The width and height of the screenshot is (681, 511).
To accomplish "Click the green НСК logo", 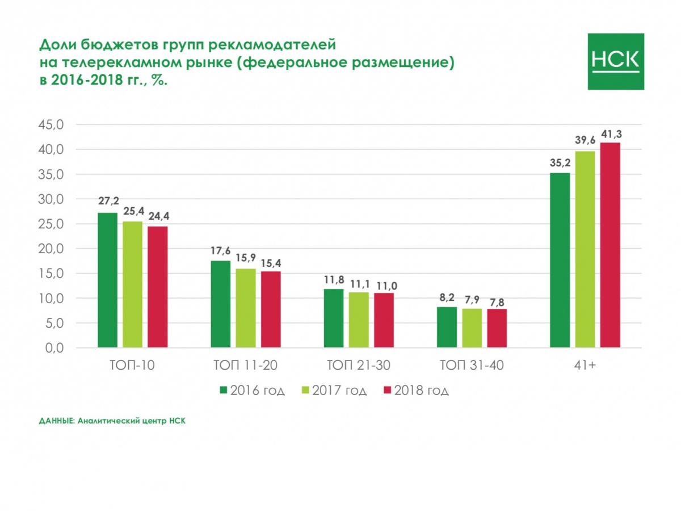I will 616,61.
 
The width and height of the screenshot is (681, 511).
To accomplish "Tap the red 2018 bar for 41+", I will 610,245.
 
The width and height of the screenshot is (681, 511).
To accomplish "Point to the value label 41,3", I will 611,135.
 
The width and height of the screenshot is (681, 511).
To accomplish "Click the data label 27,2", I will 107,202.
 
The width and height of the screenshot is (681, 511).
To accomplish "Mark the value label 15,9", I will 246,258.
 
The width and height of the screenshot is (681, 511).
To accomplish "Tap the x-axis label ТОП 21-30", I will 358,366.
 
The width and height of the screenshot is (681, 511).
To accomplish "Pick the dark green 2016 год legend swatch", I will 224,391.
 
